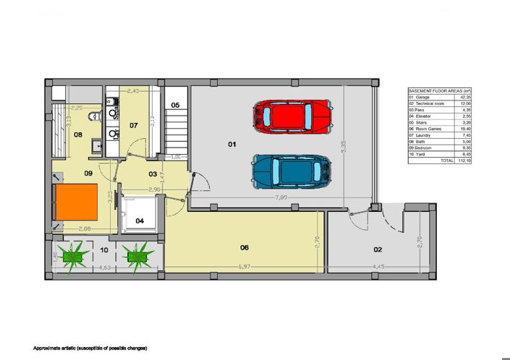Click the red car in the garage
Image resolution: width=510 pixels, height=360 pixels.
[x=293, y=115]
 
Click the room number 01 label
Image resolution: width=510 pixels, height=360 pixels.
[x=232, y=145]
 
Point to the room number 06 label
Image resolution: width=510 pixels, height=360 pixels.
[x=245, y=248]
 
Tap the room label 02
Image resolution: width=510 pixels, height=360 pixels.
[x=377, y=249]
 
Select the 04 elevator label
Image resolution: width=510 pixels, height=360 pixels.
[x=140, y=220]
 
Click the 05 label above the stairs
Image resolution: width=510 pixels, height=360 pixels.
[x=175, y=106]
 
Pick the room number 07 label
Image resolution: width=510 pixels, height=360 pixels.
[x=133, y=125]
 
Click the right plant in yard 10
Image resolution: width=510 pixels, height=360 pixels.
[x=135, y=254]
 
